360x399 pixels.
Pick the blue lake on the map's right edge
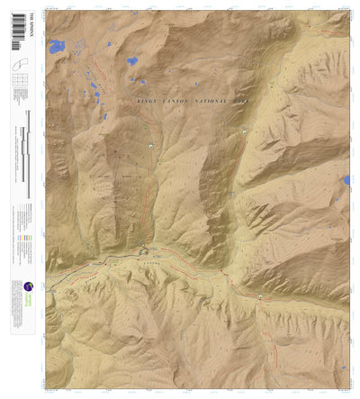click(x=346, y=180)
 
